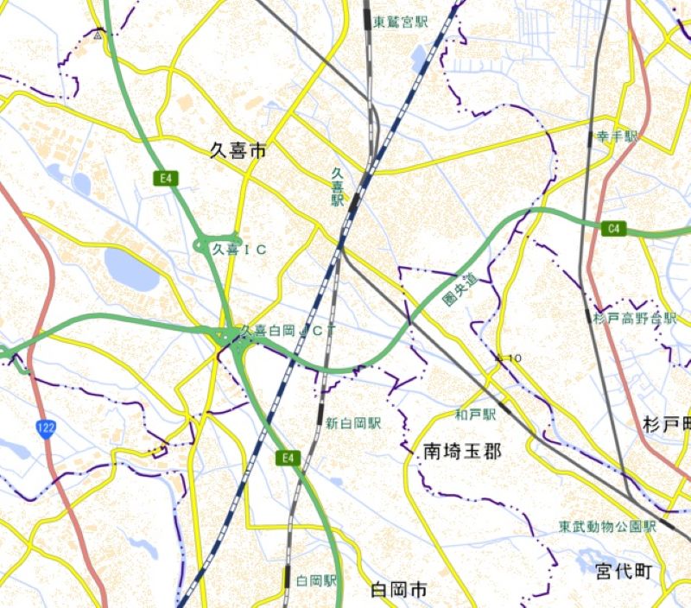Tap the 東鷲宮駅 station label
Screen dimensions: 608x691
[401, 22]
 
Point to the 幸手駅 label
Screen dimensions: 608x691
[617, 136]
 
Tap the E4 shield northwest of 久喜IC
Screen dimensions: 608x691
[167, 179]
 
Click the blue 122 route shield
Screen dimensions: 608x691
[47, 427]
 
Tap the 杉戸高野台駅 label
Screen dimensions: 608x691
[634, 318]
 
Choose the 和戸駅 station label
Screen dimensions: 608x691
[476, 415]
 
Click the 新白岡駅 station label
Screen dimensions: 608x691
[352, 423]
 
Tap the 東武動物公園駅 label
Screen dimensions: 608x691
[606, 525]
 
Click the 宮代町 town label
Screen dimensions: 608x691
[624, 571]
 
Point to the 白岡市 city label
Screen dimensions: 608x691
[398, 591]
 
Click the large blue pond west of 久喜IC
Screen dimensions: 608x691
[131, 269]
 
